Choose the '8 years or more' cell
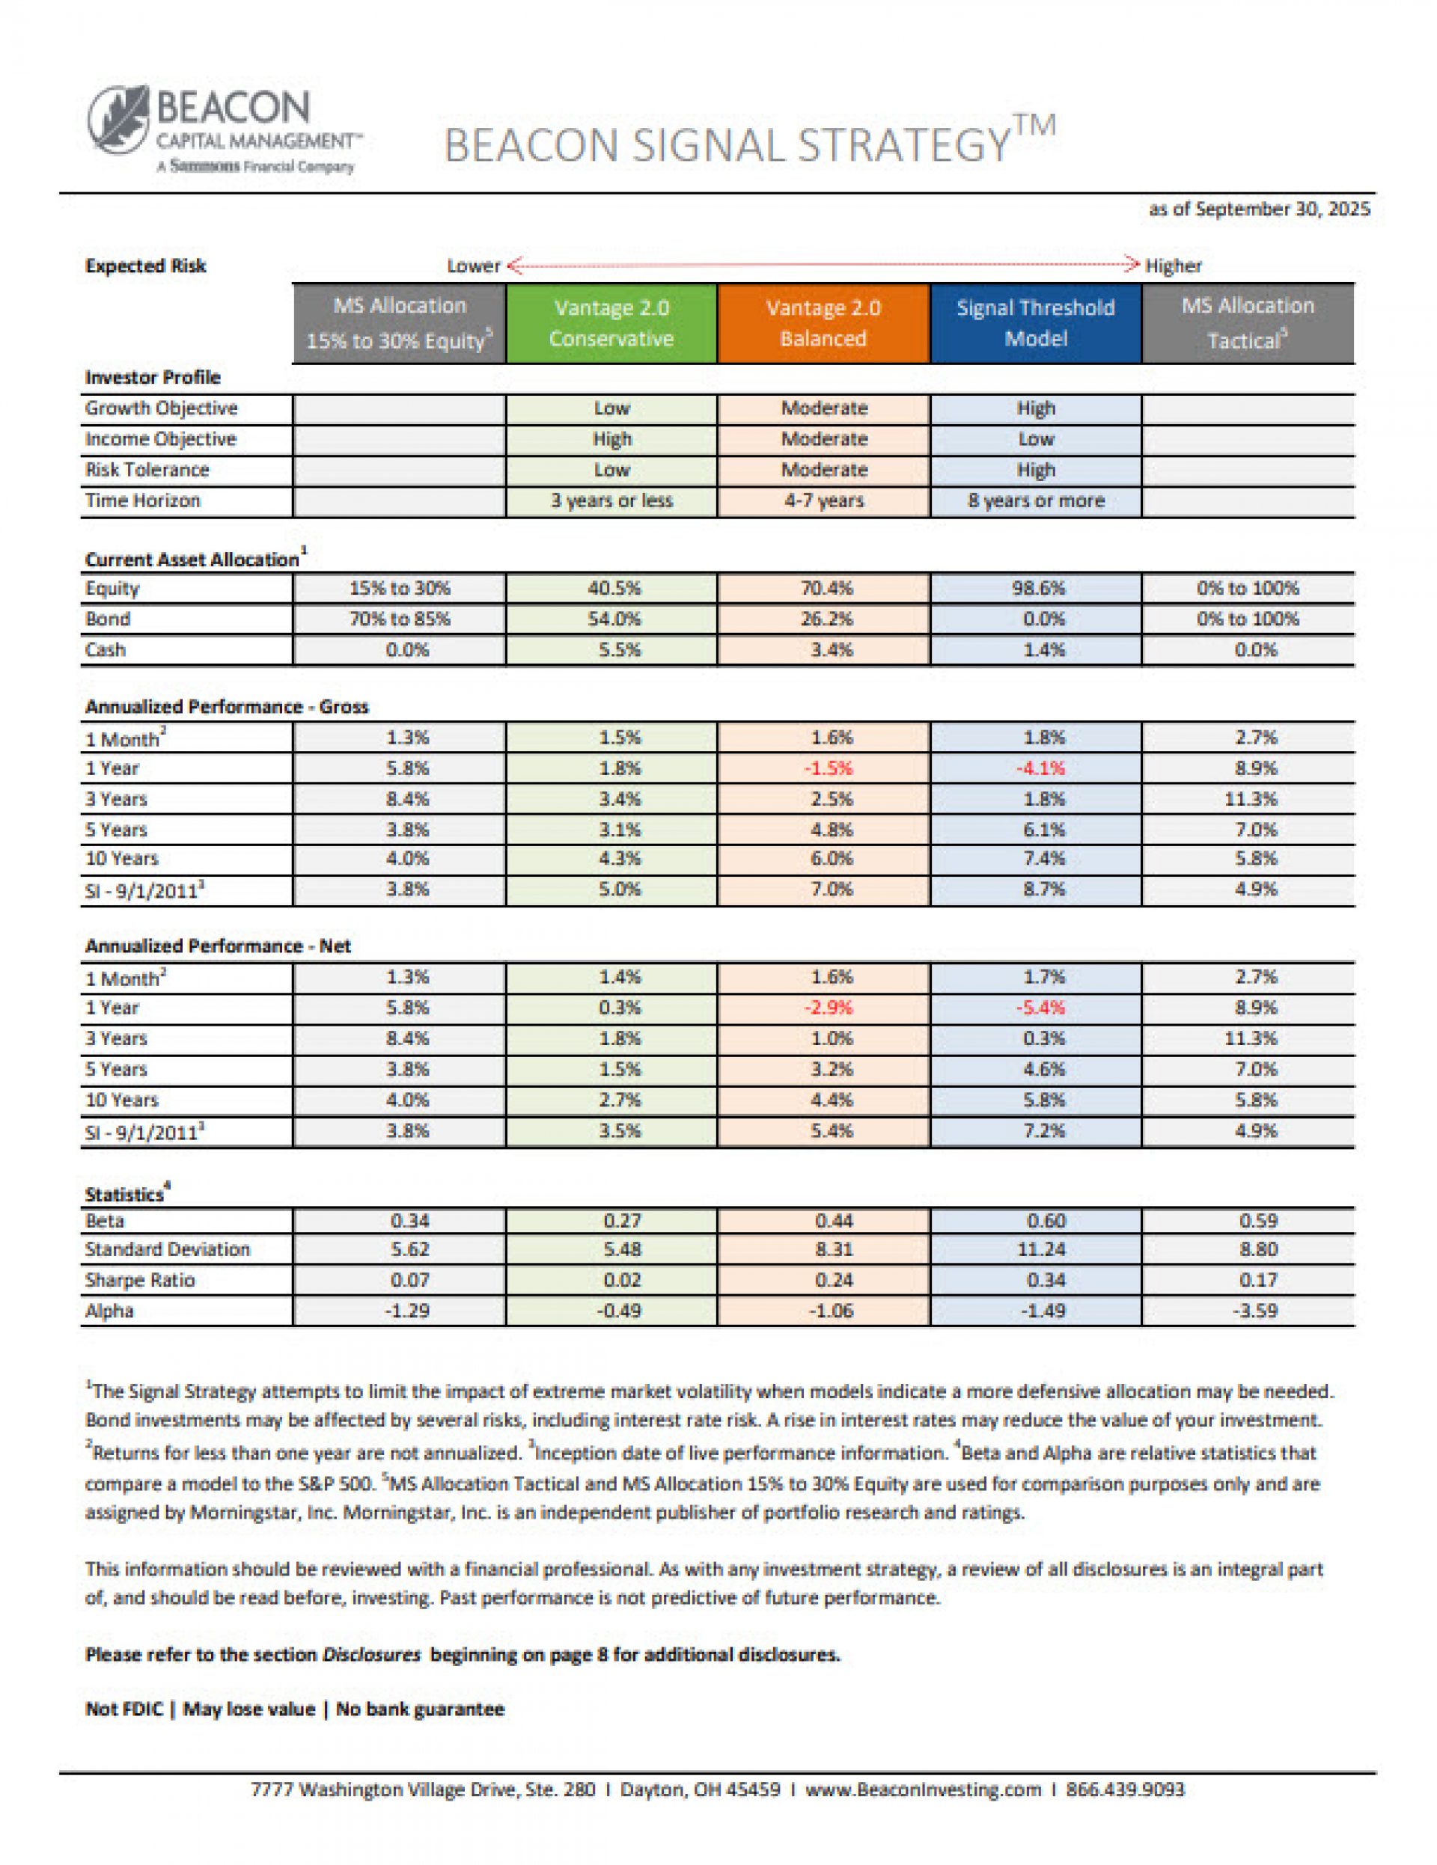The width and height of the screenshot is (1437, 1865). (1035, 500)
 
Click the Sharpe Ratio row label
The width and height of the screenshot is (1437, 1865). (139, 1280)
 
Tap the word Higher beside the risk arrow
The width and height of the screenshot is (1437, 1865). (1173, 266)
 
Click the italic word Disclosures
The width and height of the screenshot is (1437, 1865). (370, 1655)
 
